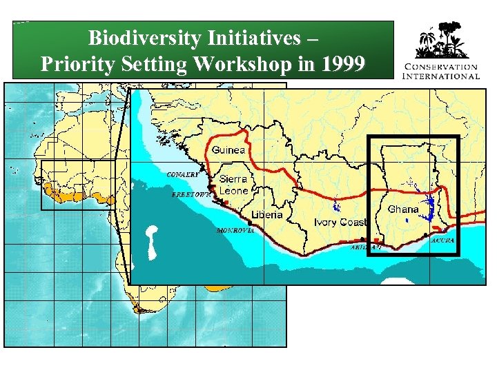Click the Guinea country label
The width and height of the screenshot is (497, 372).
point(228,149)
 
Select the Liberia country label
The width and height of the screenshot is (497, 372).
point(266,214)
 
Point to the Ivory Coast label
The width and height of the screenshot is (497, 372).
point(340,222)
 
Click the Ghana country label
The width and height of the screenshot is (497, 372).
point(403,209)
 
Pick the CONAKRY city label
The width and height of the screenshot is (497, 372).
point(183,174)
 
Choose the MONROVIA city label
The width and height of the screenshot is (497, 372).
point(235,230)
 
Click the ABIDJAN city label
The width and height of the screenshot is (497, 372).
point(366,246)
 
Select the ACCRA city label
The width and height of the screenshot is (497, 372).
point(442,240)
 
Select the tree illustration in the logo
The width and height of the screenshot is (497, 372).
point(441,41)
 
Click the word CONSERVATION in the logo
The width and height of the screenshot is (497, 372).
point(441,66)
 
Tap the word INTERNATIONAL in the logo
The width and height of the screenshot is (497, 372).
point(441,75)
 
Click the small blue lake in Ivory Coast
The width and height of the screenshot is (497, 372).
point(337,205)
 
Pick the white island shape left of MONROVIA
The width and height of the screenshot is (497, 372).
point(151,240)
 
